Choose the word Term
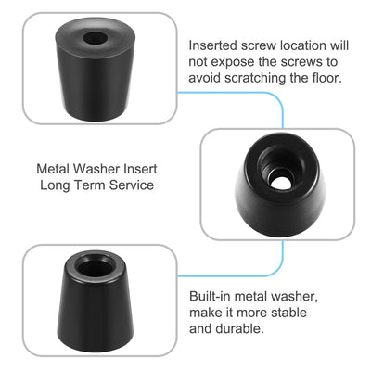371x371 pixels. [91, 185]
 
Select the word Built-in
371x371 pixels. [211, 295]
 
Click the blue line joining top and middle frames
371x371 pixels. [281, 107]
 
